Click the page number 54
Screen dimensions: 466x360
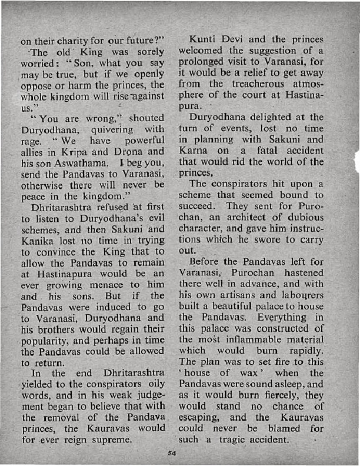[172, 453]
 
